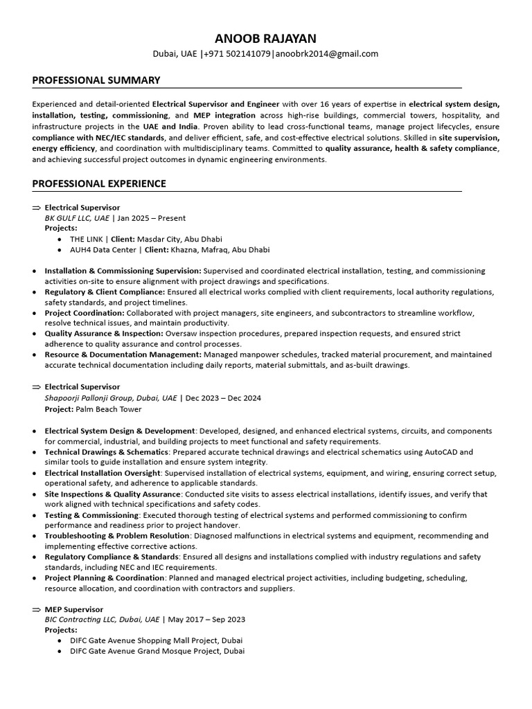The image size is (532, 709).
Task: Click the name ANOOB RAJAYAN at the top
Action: [x=265, y=38]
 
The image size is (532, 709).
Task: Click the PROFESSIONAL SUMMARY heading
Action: [x=96, y=80]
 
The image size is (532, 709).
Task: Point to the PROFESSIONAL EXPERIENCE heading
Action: [x=99, y=183]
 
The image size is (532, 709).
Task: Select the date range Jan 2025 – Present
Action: [x=152, y=218]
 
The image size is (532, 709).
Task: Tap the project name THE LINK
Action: [x=87, y=239]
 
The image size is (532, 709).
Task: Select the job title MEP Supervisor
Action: [x=74, y=609]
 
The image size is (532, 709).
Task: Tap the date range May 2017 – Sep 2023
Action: [x=206, y=620]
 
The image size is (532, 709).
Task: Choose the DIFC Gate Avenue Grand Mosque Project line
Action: [x=157, y=651]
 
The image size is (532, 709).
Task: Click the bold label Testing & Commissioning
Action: [x=91, y=515]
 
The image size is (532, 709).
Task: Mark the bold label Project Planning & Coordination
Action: [x=105, y=577]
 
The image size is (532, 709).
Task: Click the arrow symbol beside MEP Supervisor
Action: [x=37, y=609]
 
